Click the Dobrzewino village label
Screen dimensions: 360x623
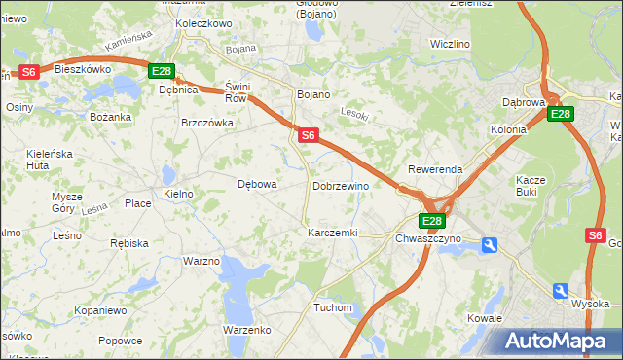click(340, 185)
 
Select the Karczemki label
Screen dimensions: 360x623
click(333, 234)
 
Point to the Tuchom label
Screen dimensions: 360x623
click(332, 307)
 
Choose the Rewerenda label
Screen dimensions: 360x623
click(434, 169)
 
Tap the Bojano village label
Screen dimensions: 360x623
click(312, 94)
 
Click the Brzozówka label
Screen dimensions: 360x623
click(207, 124)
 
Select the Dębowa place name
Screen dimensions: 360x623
click(258, 184)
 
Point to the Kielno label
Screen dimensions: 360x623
click(178, 195)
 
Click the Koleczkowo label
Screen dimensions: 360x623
click(203, 23)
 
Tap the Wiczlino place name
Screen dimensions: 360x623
click(450, 45)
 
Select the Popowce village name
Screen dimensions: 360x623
click(120, 341)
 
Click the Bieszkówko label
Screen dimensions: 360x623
click(83, 69)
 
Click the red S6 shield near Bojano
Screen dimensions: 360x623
click(308, 136)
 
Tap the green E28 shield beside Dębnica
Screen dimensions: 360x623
click(161, 71)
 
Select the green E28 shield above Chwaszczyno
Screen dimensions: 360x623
click(433, 221)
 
